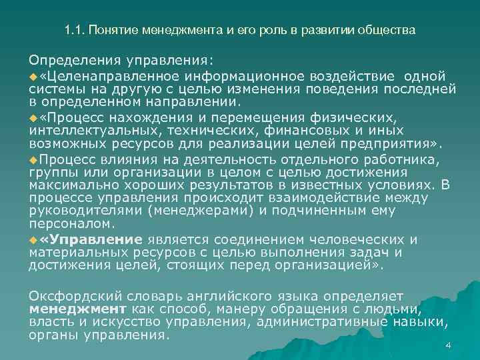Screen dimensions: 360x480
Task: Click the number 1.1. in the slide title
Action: click(x=75, y=31)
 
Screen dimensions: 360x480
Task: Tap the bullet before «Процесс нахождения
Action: click(x=33, y=117)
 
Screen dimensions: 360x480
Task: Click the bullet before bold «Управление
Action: click(x=33, y=240)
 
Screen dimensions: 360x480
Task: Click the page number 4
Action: click(x=449, y=345)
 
